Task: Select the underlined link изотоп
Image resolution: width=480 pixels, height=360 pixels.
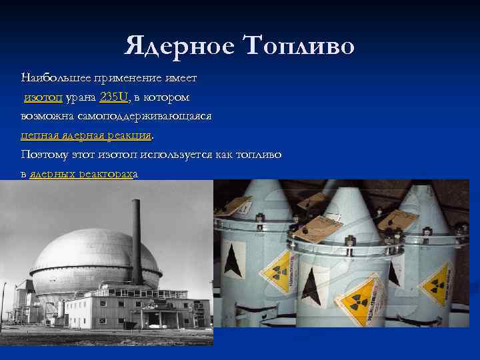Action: [x=43, y=97]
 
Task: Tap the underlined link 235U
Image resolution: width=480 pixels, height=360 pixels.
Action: [x=114, y=97]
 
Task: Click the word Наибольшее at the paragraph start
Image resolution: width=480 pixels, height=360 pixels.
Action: [x=55, y=78]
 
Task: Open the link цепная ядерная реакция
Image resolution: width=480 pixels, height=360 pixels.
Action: [x=86, y=135]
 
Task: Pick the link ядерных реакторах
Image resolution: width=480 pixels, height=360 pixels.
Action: [x=81, y=174]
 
